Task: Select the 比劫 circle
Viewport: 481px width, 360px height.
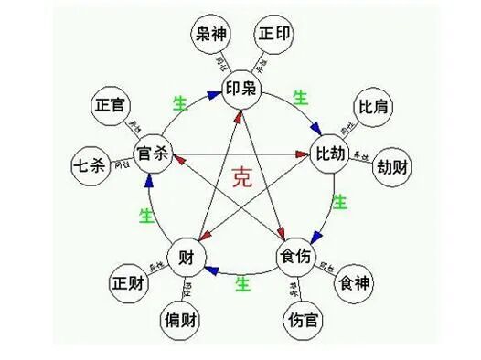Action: coord(330,151)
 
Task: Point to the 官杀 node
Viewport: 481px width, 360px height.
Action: coord(153,151)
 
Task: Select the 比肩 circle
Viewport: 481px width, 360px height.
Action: coord(373,107)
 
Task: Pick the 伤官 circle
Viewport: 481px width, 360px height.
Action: coord(302,322)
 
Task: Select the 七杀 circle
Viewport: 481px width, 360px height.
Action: coord(91,167)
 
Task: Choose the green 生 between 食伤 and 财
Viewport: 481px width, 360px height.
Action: coord(243,284)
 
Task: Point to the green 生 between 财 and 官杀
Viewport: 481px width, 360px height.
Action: coord(145,216)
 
